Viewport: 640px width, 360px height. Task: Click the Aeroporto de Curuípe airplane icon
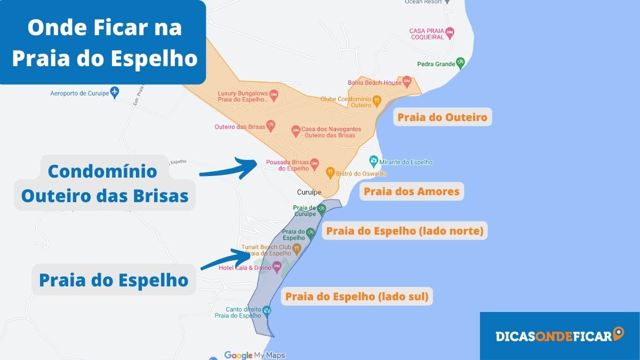click(114, 92)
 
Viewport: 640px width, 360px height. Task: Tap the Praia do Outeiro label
click(442, 117)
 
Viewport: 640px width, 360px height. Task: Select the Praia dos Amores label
click(411, 191)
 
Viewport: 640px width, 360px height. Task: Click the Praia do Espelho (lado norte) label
click(404, 231)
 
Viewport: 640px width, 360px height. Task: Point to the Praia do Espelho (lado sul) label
click(357, 296)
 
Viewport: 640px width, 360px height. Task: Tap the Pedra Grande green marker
click(460, 63)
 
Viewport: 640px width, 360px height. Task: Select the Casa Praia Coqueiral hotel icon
click(450, 33)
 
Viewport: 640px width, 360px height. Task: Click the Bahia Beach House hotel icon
click(406, 82)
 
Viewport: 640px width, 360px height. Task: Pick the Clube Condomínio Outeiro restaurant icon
click(377, 100)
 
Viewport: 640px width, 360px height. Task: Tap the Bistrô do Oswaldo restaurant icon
click(330, 172)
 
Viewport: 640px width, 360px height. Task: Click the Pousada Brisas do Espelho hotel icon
click(315, 163)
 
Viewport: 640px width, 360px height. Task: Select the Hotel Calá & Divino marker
click(276, 267)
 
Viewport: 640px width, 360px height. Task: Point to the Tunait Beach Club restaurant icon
click(297, 249)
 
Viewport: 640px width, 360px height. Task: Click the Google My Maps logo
click(254, 355)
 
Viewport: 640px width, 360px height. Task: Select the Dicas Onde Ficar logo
click(559, 335)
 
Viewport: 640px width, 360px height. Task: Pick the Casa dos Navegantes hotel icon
click(295, 130)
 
